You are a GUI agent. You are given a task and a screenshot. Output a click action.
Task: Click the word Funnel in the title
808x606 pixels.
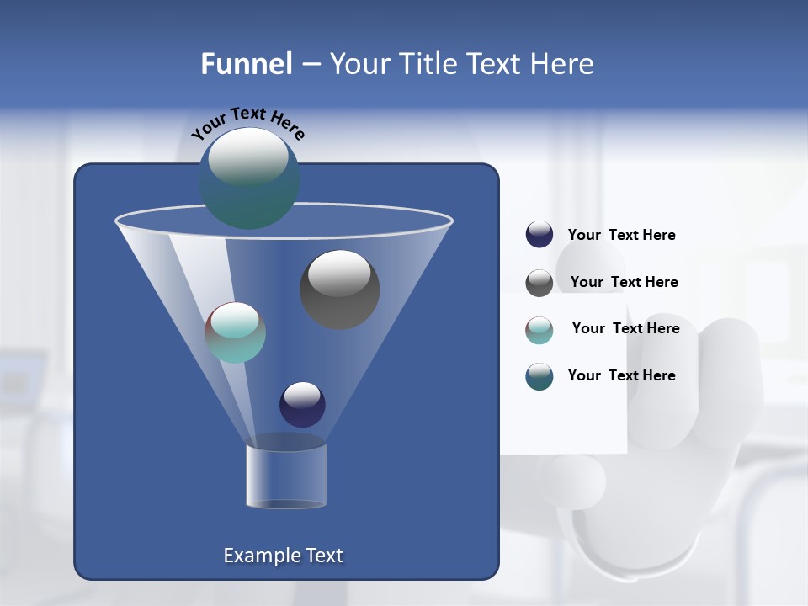[x=246, y=64]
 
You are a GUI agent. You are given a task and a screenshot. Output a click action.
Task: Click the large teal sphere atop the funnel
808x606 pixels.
[x=249, y=178]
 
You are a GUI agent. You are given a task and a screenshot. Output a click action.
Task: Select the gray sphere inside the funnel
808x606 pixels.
[x=339, y=289]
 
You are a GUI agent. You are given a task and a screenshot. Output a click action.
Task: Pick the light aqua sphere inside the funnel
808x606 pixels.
[x=235, y=332]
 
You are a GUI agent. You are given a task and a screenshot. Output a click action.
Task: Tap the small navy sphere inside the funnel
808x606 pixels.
[x=302, y=404]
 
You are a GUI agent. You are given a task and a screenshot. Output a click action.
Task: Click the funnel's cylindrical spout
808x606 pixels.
[x=285, y=476]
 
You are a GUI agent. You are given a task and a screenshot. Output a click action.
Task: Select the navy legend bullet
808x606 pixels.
[x=539, y=235]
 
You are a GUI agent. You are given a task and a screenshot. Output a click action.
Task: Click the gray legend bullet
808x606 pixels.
[x=539, y=282]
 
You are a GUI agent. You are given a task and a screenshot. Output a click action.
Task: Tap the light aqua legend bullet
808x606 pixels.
[x=539, y=329]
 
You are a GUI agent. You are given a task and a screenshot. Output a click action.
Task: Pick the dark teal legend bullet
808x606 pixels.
[x=539, y=376]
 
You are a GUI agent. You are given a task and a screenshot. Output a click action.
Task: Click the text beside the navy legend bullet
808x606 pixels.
[x=621, y=235]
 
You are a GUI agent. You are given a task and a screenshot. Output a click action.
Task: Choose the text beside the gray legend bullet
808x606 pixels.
[x=624, y=282]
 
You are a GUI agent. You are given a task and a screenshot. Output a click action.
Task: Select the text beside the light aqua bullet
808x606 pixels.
[x=625, y=328]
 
